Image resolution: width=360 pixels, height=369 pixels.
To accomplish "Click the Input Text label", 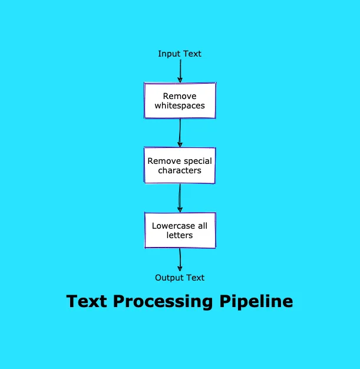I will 180,54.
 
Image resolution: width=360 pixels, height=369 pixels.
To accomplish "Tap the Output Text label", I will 180,278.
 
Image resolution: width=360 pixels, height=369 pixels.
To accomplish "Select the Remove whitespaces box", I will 180,100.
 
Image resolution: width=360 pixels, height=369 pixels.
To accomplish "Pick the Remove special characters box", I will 180,165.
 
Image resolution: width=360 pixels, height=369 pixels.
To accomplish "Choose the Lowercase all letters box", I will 180,230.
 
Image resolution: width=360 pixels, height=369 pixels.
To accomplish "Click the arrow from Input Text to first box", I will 180,71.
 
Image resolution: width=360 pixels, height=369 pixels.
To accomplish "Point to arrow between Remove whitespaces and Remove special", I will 180,133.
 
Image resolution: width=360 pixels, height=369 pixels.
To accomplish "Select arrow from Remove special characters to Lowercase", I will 180,197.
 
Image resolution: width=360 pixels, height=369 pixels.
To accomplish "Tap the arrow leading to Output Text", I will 180,259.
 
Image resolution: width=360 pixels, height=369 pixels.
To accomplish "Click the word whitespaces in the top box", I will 180,106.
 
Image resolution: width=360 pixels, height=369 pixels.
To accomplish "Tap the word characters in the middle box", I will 180,171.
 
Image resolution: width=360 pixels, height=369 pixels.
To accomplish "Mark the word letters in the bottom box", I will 180,235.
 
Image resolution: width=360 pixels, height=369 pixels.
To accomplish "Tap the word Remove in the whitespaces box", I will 180,95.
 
